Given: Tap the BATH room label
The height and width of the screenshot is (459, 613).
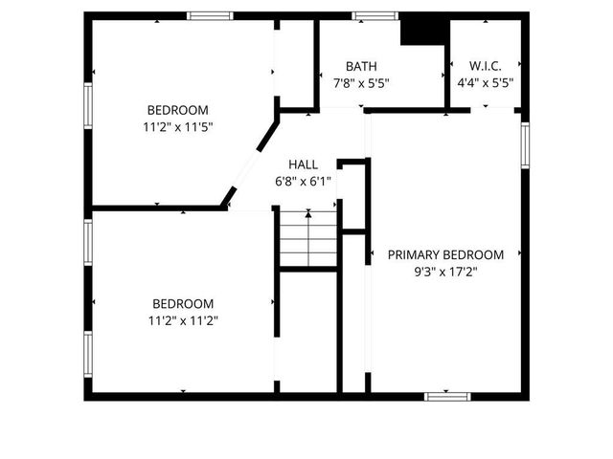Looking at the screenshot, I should coord(361,66).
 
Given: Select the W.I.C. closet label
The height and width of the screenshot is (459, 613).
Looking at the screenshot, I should coord(485,66).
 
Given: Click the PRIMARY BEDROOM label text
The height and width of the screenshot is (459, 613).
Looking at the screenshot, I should coord(445,254).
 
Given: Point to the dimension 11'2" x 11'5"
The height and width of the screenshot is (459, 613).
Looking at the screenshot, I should coord(177,125).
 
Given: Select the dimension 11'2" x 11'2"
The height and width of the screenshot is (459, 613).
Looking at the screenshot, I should coord(184,321).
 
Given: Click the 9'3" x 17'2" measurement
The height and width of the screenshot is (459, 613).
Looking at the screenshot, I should coord(445,272).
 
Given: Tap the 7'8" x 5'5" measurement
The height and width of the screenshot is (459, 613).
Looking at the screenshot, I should coord(361,82).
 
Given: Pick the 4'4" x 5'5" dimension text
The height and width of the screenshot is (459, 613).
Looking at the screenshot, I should coord(485,82).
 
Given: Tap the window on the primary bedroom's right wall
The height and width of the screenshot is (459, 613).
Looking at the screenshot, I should coord(525,144).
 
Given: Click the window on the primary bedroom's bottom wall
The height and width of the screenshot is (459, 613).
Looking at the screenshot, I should coord(447,395).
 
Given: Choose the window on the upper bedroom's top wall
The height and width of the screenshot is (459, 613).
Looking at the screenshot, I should coord(210,15).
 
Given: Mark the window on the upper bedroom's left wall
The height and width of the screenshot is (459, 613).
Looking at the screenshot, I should coord(88,110).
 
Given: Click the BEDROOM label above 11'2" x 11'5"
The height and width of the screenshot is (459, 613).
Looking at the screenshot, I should coord(177,109).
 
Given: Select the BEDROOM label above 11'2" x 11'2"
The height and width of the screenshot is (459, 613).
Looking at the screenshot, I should coord(184,304).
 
